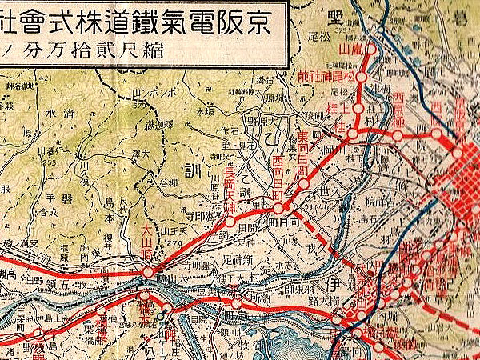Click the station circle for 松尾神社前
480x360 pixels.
point(362,78)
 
